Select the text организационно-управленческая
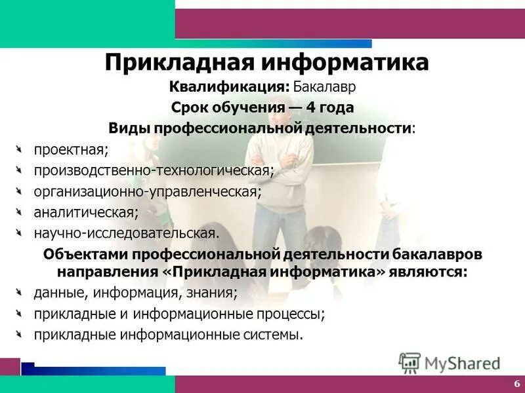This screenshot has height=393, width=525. (148, 191)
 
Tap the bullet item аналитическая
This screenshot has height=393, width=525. (86, 212)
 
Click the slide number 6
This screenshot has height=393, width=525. (516, 384)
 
